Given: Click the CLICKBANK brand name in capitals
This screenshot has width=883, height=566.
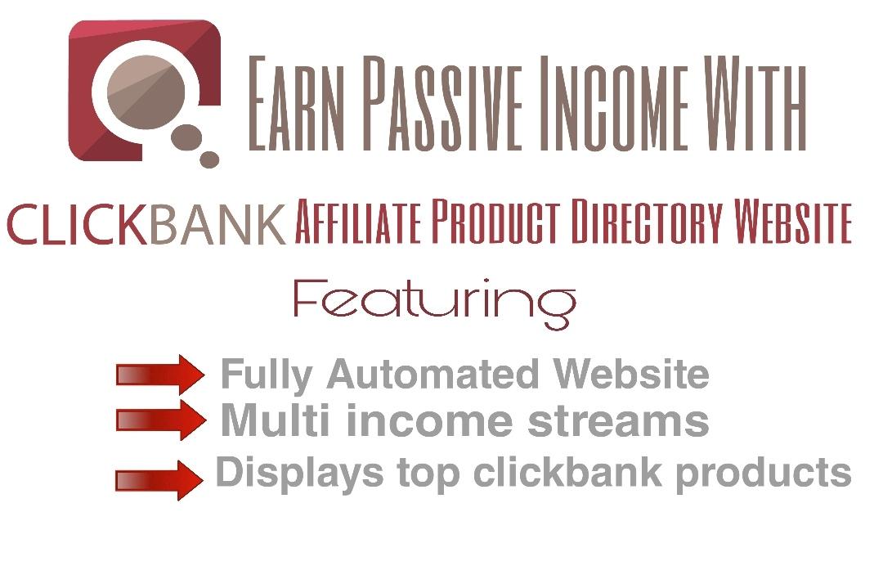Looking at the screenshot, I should [147, 223].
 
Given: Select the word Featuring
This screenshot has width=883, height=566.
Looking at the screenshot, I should [434, 303].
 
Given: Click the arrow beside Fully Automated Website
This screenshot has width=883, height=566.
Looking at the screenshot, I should [160, 375].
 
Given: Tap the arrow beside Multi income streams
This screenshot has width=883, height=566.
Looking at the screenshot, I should [160, 420].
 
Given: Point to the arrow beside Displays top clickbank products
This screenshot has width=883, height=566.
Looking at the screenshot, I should [160, 479].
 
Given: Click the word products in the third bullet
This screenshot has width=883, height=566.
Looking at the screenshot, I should [764, 474].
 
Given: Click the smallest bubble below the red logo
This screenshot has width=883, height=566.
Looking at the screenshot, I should [210, 159].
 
